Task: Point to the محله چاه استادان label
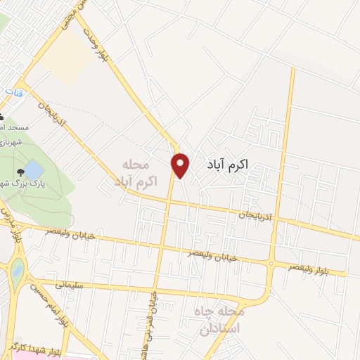221,321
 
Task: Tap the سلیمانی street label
68,285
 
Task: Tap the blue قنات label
12,92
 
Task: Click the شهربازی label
12,141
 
